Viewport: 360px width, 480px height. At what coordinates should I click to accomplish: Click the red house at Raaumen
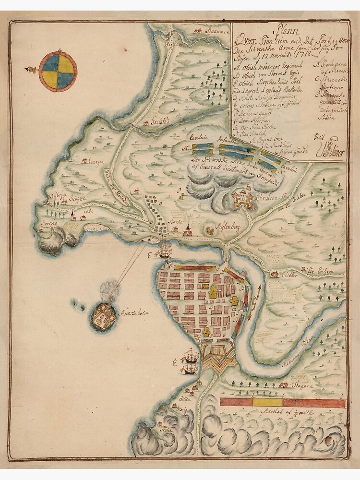tap(197, 31)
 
